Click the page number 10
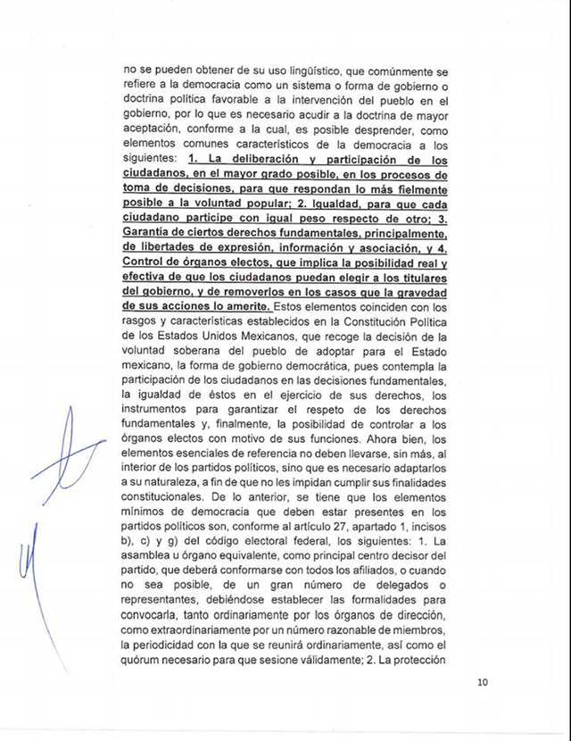pyautogui.click(x=483, y=684)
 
